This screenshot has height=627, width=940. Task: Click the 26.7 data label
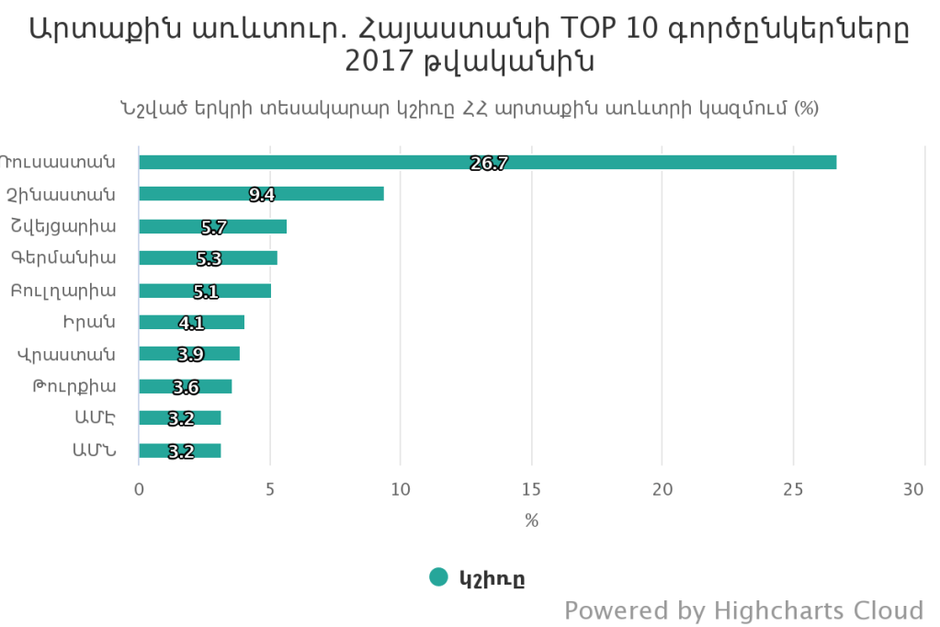489,164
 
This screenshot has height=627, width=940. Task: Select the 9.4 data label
262,195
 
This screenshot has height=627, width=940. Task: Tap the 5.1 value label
206,291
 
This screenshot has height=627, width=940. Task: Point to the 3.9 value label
190,355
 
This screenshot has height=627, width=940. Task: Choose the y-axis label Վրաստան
66,354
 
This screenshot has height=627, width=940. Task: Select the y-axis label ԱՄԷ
95,418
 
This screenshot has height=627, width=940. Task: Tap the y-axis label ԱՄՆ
94,450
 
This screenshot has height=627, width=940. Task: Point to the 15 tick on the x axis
531,491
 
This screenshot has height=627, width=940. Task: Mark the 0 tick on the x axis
139,491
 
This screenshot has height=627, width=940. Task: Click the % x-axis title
531,520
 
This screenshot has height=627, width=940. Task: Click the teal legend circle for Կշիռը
439,577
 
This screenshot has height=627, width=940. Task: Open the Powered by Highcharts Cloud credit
743,610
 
